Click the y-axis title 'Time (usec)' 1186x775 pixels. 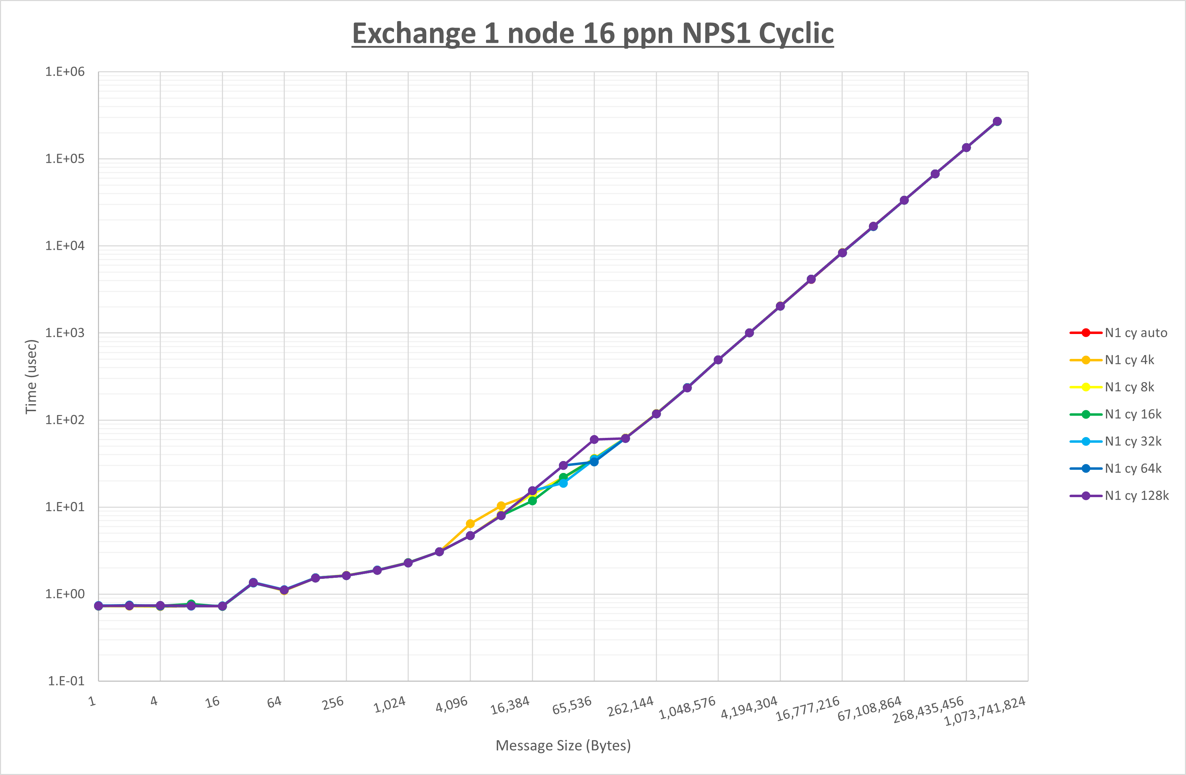click(x=31, y=376)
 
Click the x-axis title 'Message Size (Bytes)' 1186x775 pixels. click(x=563, y=746)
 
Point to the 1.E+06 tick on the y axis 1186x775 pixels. click(x=65, y=72)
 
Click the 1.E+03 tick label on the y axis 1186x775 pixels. click(x=65, y=333)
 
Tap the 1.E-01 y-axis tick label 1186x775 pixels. click(x=66, y=681)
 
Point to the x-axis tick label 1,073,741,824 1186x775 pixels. click(x=985, y=711)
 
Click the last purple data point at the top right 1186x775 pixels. click(x=997, y=121)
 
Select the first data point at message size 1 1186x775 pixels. click(x=99, y=606)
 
